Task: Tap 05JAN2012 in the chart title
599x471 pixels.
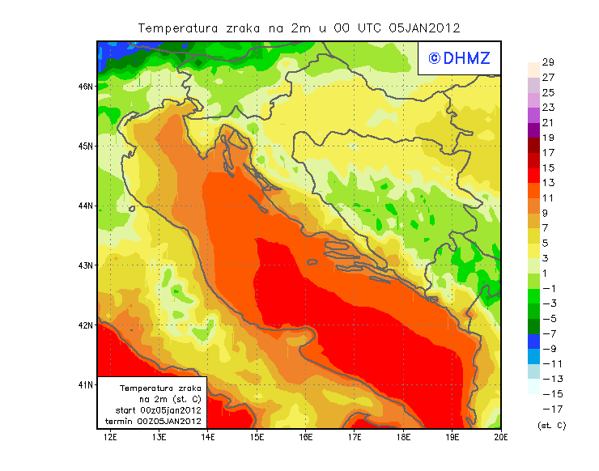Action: (424, 28)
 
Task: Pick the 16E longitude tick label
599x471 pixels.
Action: (306, 437)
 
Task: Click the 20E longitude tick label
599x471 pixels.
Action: (501, 437)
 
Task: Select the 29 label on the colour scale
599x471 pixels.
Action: (548, 62)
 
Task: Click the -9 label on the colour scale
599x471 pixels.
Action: (547, 349)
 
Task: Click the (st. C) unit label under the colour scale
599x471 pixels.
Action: (551, 425)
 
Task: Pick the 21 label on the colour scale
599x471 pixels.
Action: (548, 123)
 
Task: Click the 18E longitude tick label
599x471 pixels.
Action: (404, 437)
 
